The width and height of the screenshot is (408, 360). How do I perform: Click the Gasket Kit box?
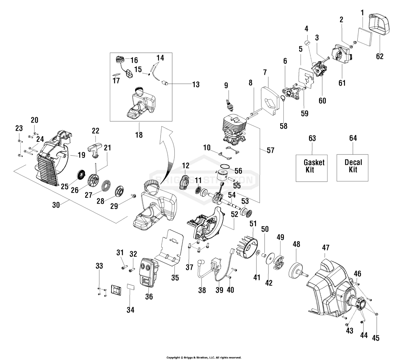pos(311,168)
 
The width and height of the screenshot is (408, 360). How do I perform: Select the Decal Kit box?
pos(353,168)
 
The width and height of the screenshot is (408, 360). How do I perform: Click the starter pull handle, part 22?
pos(94,150)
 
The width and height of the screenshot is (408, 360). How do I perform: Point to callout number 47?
pos(326,248)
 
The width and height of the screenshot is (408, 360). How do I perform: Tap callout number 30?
pos(56,205)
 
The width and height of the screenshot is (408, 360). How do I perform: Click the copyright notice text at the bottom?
pos(204,358)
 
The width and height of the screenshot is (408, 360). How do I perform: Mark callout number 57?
pos(270,150)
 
